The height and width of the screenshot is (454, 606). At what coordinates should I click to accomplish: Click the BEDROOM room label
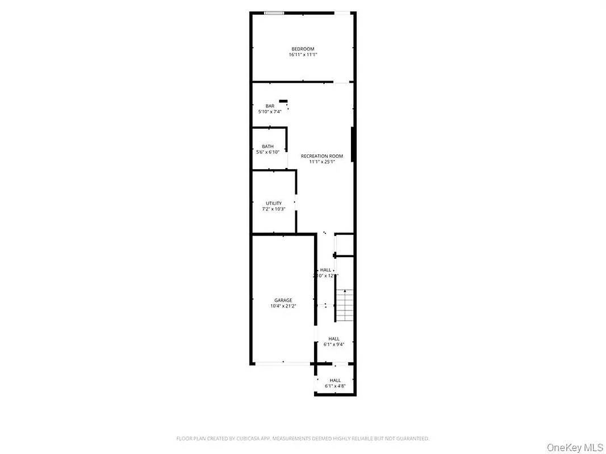coord(303,49)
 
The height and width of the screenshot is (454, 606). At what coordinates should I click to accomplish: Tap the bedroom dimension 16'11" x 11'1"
coord(303,55)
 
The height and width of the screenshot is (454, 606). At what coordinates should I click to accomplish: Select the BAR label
coord(270,106)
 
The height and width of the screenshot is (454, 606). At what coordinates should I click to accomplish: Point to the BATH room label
coord(268,146)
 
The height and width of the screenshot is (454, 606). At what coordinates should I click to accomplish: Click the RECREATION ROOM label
coord(323,156)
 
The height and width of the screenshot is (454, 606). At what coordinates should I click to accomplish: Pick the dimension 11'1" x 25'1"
coord(323,162)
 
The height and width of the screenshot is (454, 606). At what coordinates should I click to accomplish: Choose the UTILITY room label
coord(274,203)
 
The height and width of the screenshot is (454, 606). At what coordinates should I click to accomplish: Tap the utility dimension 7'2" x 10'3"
coord(274,209)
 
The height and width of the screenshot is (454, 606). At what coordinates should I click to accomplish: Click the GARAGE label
coord(283,300)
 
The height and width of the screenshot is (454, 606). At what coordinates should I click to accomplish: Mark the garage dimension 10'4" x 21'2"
coord(283,306)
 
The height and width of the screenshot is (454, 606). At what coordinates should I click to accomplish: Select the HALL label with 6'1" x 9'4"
coord(334,339)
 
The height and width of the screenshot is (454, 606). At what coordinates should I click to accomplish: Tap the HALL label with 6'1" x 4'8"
coord(335,380)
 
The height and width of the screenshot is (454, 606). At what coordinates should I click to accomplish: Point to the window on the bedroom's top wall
coord(274,12)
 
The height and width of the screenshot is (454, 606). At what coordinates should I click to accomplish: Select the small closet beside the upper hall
coord(345,244)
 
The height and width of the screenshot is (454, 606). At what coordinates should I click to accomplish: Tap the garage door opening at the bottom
coord(282,363)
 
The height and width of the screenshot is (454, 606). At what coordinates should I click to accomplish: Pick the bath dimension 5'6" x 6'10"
coord(268,152)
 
